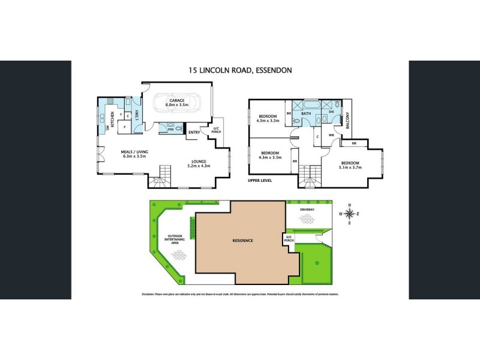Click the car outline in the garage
click(179, 106)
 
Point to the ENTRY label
click(194, 132)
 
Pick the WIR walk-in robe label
click(331, 134)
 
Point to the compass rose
click(349, 214)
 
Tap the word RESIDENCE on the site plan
click(243, 241)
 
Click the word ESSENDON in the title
click(274, 70)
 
